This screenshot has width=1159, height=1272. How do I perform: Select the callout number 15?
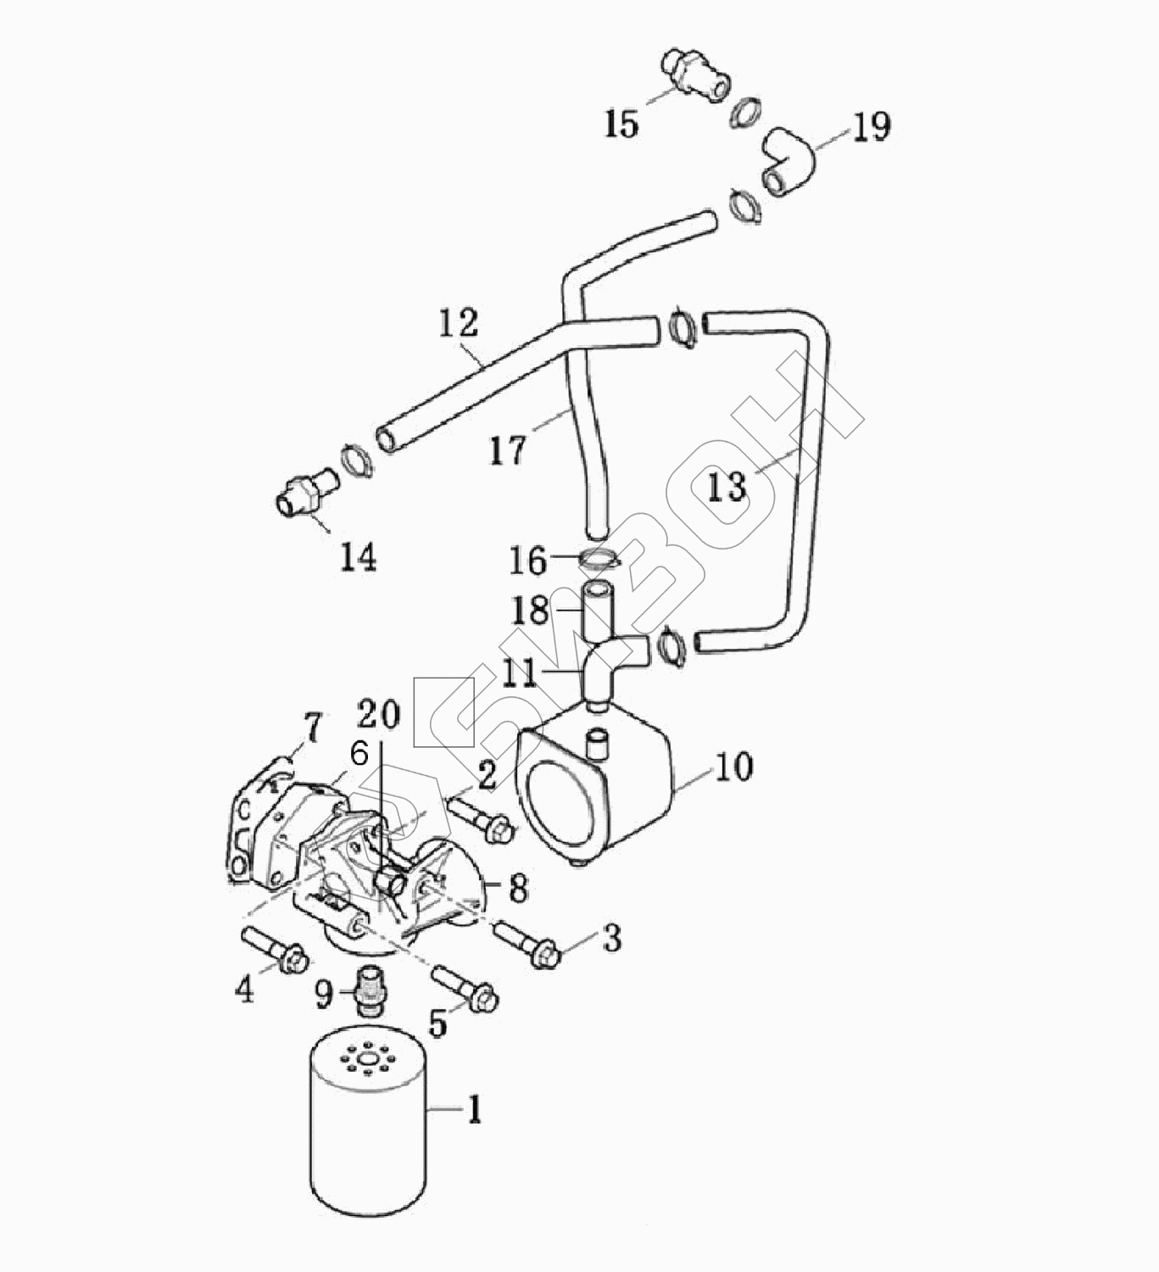(x=621, y=124)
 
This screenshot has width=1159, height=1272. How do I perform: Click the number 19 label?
(x=872, y=127)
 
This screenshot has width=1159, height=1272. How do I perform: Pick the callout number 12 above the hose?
(x=459, y=323)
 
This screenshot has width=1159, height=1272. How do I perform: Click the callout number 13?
(x=727, y=488)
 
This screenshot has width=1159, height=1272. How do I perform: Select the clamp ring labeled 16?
(x=599, y=558)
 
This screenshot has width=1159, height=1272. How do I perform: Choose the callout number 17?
(x=508, y=450)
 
